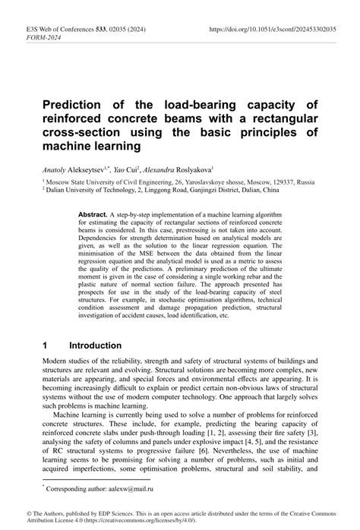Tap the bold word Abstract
(x=94, y=216)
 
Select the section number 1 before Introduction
(x=46, y=345)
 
